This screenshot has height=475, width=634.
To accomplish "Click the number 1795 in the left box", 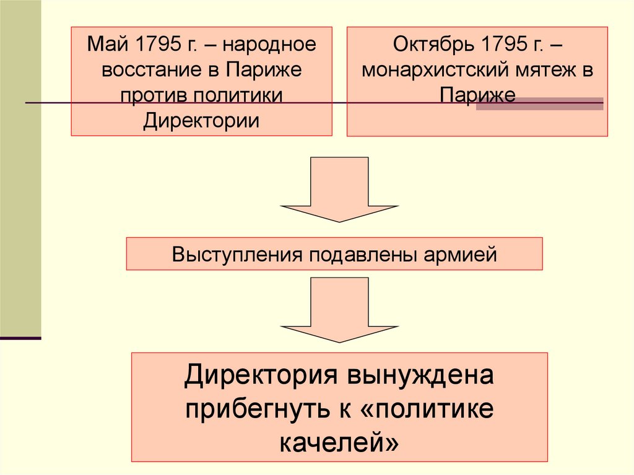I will pyautogui.click(x=157, y=45).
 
